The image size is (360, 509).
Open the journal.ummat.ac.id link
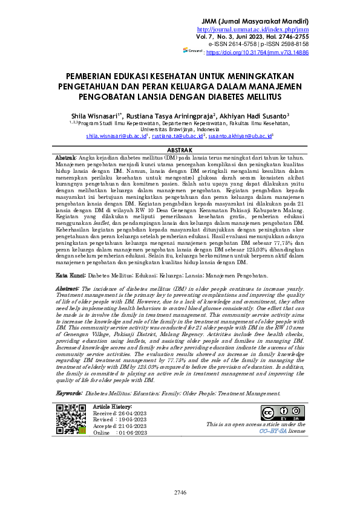pos(261,30)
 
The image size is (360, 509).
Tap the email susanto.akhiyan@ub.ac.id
pos(240,137)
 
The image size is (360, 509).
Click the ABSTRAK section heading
pos(180,150)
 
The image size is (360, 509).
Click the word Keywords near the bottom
pos(68,393)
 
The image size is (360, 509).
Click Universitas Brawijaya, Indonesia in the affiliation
pos(180,129)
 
